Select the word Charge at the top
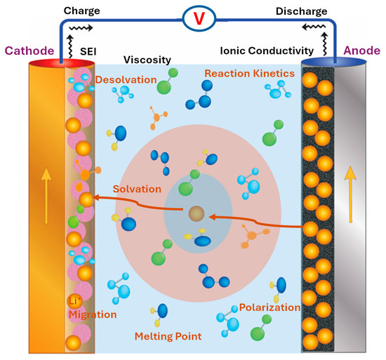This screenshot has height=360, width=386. coord(81,12)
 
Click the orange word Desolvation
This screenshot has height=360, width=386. coord(128,79)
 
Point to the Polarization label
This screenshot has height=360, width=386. coord(269,307)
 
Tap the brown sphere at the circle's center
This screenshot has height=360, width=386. coord(195,213)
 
